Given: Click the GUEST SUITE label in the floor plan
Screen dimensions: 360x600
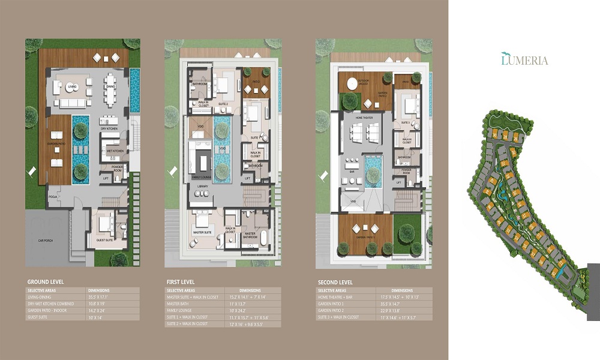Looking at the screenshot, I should (x=106, y=241).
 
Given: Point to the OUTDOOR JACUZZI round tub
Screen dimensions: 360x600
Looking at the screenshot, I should (x=349, y=85).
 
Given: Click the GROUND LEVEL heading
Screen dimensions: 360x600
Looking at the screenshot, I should (x=46, y=281).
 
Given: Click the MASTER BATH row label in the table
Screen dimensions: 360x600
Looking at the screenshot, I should (x=178, y=304).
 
